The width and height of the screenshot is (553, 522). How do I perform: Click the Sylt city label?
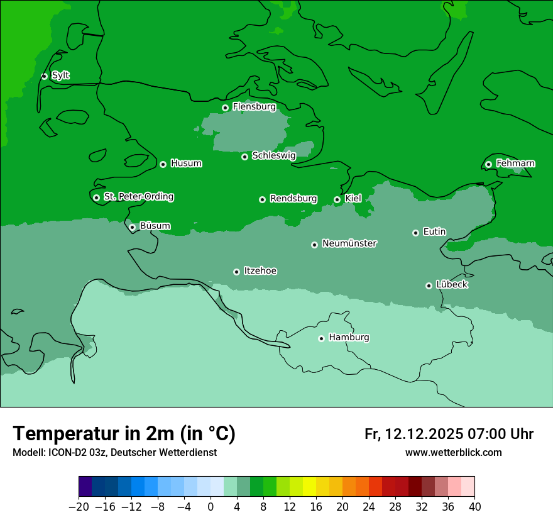pyautogui.click(x=60, y=75)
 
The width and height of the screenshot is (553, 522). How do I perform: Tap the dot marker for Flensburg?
pyautogui.click(x=225, y=108)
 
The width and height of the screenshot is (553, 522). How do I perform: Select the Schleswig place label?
pyautogui.click(x=273, y=155)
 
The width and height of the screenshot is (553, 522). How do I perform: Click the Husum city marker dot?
pyautogui.click(x=163, y=164)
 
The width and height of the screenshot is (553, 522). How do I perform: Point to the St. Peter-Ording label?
pyautogui.click(x=138, y=196)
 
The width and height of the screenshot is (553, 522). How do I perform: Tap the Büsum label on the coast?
pyautogui.click(x=155, y=226)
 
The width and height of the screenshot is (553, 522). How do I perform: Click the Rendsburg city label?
pyautogui.click(x=293, y=199)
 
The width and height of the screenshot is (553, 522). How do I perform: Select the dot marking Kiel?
pyautogui.click(x=337, y=199)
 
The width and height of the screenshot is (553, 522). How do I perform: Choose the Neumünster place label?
pyautogui.click(x=349, y=243)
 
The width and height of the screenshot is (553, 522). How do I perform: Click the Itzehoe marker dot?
pyautogui.click(x=236, y=272)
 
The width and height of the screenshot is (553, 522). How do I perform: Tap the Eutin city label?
pyautogui.click(x=434, y=231)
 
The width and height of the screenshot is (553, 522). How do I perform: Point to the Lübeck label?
pyautogui.click(x=452, y=284)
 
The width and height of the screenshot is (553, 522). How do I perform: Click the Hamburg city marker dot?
pyautogui.click(x=321, y=338)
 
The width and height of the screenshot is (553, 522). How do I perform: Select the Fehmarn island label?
pyautogui.click(x=515, y=164)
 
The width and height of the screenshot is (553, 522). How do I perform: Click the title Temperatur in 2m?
pyautogui.click(x=124, y=433)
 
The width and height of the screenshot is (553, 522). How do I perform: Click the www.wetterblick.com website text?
pyautogui.click(x=453, y=452)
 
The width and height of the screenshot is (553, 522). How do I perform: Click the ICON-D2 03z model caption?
pyautogui.click(x=114, y=452)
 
